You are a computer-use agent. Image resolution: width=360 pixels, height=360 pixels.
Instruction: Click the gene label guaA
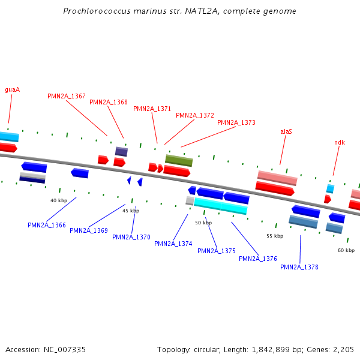[x=13, y=89]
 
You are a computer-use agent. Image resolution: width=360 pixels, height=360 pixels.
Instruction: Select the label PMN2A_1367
[x=67, y=96]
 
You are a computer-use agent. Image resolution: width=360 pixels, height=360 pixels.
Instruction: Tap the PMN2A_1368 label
[x=109, y=102]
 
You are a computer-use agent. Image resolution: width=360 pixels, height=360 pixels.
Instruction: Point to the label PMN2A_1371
[x=152, y=109]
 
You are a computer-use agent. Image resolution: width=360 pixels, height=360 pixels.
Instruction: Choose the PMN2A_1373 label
[x=236, y=122]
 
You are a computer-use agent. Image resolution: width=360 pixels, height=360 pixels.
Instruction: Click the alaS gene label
[x=286, y=131]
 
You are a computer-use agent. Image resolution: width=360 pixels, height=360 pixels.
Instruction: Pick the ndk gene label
[x=340, y=142]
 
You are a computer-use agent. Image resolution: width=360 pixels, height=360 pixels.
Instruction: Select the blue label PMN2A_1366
[x=47, y=225]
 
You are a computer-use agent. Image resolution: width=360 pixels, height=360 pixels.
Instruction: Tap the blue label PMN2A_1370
[x=131, y=237]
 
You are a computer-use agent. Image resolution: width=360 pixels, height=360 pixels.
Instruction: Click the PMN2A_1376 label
[x=258, y=259]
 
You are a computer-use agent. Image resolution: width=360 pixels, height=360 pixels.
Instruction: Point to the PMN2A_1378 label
[x=299, y=267]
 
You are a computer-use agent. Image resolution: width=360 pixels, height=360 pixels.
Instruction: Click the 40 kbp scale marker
[x=59, y=200]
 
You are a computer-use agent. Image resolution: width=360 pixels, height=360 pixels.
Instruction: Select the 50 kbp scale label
[x=203, y=223]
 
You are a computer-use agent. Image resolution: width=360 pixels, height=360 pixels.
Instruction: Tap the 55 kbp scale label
[x=275, y=236]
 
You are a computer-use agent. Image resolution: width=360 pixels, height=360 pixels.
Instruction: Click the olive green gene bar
[x=179, y=160]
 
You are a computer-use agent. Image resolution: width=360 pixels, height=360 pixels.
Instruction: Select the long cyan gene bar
[x=220, y=206]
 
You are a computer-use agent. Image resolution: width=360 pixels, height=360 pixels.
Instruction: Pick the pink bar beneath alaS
[x=277, y=178]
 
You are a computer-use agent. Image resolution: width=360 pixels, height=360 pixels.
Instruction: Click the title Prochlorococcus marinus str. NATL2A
[x=180, y=11]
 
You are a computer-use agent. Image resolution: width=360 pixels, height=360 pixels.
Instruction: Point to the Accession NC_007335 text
[x=46, y=349]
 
